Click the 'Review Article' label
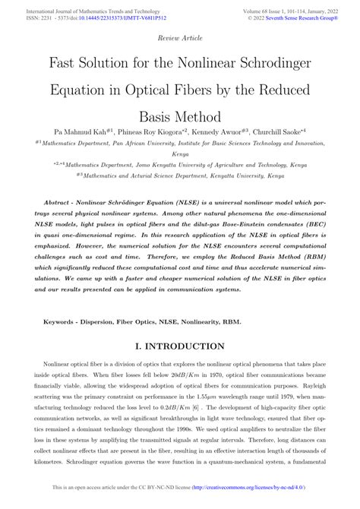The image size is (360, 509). point(179,36)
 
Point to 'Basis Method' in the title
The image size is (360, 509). point(180,117)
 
